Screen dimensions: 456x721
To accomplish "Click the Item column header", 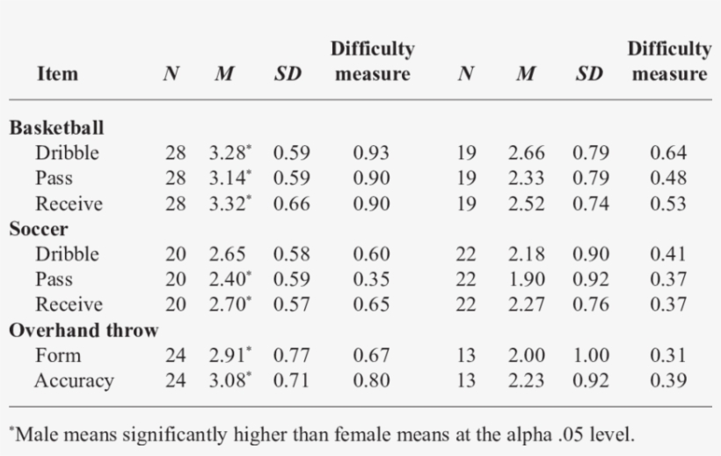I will pyautogui.click(x=57, y=74).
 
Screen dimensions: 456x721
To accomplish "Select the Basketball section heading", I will pyautogui.click(x=57, y=128).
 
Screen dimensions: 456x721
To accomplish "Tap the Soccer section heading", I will pyautogui.click(x=40, y=230).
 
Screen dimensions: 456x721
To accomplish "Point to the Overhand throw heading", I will pyautogui.click(x=84, y=331).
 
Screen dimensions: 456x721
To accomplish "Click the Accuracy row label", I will pyautogui.click(x=74, y=381).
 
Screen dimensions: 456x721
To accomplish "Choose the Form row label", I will pyautogui.click(x=58, y=357).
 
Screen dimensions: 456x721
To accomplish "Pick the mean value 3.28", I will pyautogui.click(x=228, y=153).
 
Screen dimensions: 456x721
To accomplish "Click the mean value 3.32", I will pyautogui.click(x=228, y=204).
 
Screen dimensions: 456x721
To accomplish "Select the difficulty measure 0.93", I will pyautogui.click(x=371, y=153).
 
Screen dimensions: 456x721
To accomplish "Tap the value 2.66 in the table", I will pyautogui.click(x=526, y=153).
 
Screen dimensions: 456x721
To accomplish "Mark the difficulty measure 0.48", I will pyautogui.click(x=668, y=179).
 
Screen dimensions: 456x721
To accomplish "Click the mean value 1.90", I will pyautogui.click(x=526, y=280).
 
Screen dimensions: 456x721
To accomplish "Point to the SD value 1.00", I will pyautogui.click(x=590, y=357).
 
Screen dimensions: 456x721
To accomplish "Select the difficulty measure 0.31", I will pyautogui.click(x=668, y=357).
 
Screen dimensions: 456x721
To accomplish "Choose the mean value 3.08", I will pyautogui.click(x=228, y=381).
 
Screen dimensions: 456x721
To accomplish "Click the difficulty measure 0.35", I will pyautogui.click(x=371, y=280).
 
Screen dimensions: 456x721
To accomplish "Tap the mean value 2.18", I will pyautogui.click(x=526, y=254).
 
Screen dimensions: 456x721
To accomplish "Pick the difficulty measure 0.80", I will pyautogui.click(x=371, y=381).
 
